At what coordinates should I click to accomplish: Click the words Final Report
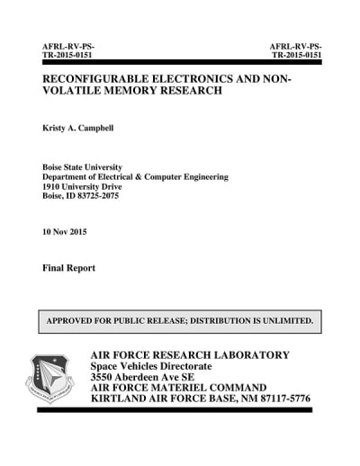point(68,268)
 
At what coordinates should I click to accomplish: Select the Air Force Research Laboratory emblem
point(50,377)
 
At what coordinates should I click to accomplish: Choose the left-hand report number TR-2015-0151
point(68,54)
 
